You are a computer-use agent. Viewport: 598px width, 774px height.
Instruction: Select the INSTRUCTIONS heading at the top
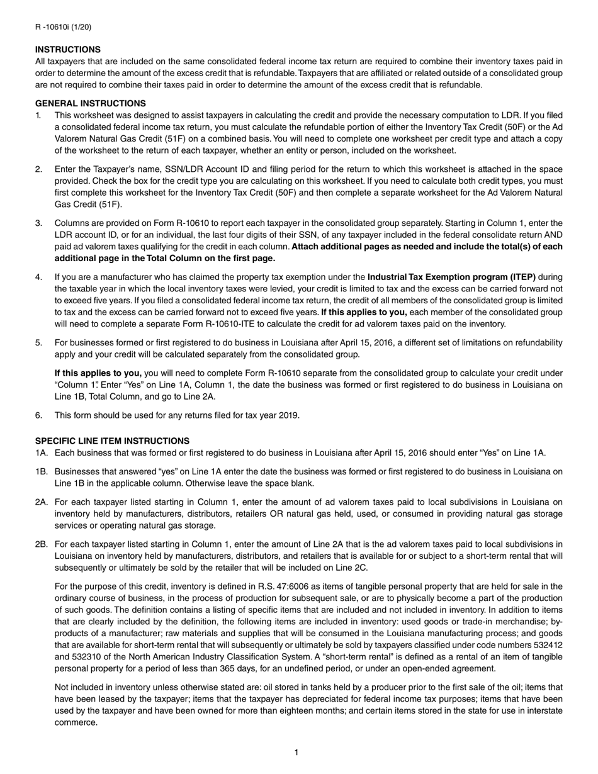tap(67, 50)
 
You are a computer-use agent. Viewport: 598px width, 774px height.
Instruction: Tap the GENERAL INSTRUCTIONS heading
tap(90, 103)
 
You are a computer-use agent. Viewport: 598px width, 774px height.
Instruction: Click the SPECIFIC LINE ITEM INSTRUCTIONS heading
tap(112, 441)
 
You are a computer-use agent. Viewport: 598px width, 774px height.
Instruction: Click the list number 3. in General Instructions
tap(39, 223)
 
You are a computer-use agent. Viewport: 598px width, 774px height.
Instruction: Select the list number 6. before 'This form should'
tap(39, 415)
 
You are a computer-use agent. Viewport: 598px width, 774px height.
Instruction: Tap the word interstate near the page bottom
tap(545, 710)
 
